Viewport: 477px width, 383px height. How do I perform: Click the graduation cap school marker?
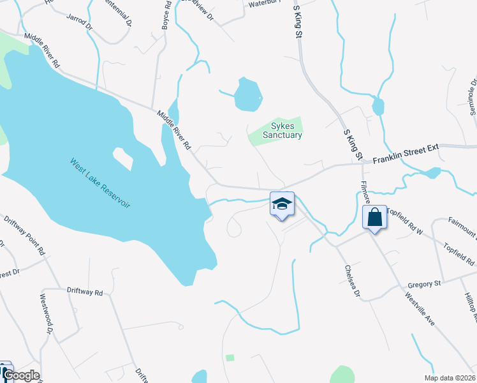click(x=282, y=204)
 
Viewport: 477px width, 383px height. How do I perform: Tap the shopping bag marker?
click(x=374, y=217)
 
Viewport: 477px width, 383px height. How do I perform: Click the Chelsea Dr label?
click(x=352, y=281)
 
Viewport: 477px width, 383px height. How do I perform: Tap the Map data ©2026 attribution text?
click(x=449, y=378)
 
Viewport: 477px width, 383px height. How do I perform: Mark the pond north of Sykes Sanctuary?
click(x=247, y=94)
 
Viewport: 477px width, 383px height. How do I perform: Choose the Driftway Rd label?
click(x=85, y=292)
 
